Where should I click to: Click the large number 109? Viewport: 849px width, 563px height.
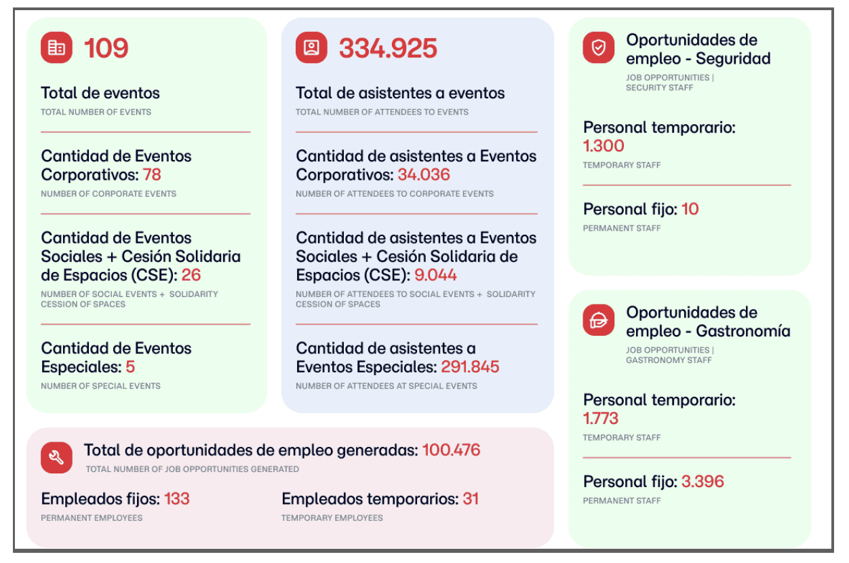tap(106, 48)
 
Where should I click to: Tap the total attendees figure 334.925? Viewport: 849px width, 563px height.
tap(388, 48)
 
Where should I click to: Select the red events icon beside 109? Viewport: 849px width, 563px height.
tap(56, 47)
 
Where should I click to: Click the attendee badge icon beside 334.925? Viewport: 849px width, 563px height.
tap(311, 47)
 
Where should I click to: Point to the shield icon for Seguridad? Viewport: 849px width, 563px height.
tap(599, 47)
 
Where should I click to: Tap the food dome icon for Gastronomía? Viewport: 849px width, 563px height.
tap(599, 320)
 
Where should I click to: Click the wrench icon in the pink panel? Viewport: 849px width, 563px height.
tap(56, 458)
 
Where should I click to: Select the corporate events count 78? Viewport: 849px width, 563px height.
tap(152, 175)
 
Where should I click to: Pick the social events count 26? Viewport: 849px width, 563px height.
tap(191, 275)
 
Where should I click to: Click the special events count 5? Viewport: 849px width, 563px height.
tap(130, 366)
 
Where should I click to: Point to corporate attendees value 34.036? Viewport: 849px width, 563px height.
tap(424, 175)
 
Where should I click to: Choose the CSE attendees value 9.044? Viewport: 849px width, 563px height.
tap(435, 275)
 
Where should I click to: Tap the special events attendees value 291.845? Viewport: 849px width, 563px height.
tap(470, 366)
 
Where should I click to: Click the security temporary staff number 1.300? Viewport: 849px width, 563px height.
tap(604, 146)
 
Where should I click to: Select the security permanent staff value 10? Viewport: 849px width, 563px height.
tap(690, 209)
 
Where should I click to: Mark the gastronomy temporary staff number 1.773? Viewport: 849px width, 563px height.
tap(601, 419)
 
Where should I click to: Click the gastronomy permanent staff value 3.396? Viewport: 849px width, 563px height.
tap(703, 482)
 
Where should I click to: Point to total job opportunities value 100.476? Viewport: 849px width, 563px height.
tap(451, 450)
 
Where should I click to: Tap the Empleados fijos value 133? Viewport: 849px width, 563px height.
tap(176, 499)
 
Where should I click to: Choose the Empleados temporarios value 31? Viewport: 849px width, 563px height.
tap(471, 499)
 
